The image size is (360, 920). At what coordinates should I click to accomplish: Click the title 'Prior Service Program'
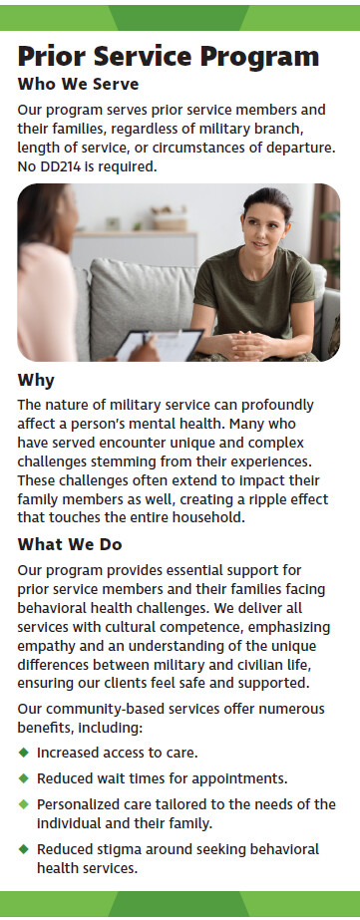tap(169, 57)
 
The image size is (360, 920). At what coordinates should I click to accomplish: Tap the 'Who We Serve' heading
tap(78, 85)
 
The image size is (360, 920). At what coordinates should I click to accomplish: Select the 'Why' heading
tap(36, 381)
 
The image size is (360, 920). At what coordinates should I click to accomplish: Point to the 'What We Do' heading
tap(70, 544)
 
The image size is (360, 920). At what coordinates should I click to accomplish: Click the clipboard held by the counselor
tap(159, 345)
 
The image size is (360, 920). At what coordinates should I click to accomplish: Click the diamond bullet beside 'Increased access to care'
tap(24, 752)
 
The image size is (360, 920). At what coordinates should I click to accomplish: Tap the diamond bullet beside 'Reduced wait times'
tap(24, 778)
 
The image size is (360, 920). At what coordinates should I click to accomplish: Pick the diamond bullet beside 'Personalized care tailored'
tap(24, 803)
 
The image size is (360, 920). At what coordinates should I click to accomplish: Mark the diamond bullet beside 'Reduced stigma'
tap(24, 848)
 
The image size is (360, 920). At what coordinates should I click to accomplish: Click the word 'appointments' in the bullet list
tap(248, 779)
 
